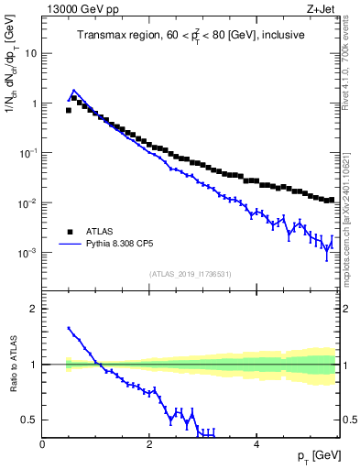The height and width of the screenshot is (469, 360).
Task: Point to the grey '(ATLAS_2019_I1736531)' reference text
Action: pyautogui.click(x=190, y=273)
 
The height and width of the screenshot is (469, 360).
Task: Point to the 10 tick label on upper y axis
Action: pyautogui.click(x=30, y=53)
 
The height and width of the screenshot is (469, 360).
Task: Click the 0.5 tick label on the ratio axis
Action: pyautogui.click(x=27, y=420)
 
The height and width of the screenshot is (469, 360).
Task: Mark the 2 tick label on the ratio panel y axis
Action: pyautogui.click(x=33, y=309)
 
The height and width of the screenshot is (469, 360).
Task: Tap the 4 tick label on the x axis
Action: pyautogui.click(x=256, y=444)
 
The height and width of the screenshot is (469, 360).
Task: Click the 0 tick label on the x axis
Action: pyautogui.click(x=42, y=444)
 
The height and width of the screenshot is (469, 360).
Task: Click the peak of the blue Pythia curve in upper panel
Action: pyautogui.click(x=74, y=91)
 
